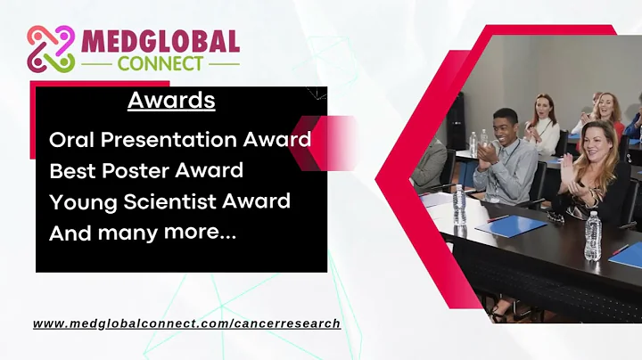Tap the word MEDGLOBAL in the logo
(x=160, y=42)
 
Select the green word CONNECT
(x=160, y=64)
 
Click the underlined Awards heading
(x=171, y=100)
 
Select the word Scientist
(x=176, y=201)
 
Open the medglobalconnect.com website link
(x=186, y=323)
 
